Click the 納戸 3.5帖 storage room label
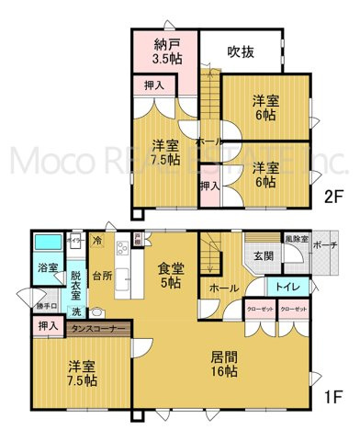[166, 51]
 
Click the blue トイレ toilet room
[285, 286]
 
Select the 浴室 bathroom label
[48, 268]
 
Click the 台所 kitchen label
[102, 274]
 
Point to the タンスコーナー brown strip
[95, 327]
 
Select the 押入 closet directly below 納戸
[154, 86]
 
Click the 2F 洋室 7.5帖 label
[165, 153]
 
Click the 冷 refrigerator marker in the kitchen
[96, 240]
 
